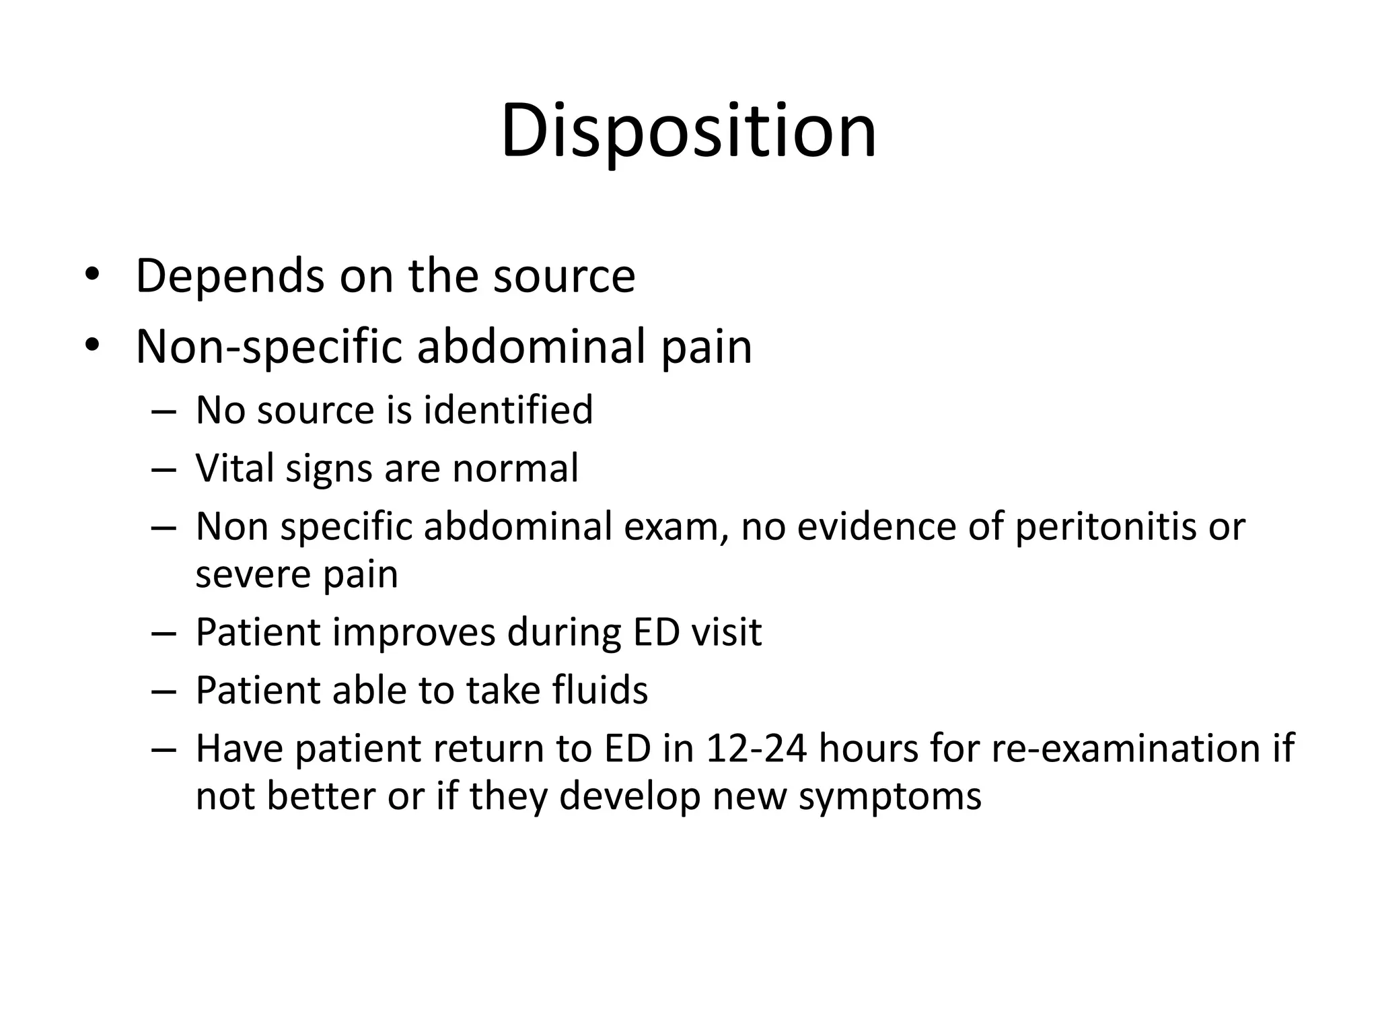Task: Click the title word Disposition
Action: click(688, 131)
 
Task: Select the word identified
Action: click(508, 410)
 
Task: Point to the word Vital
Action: click(235, 468)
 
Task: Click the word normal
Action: click(515, 468)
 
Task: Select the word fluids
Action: click(600, 690)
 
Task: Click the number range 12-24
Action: click(756, 748)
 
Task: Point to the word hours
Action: click(868, 748)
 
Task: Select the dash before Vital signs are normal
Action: click(164, 469)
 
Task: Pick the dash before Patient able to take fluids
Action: click(164, 691)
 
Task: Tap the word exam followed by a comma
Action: click(677, 527)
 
